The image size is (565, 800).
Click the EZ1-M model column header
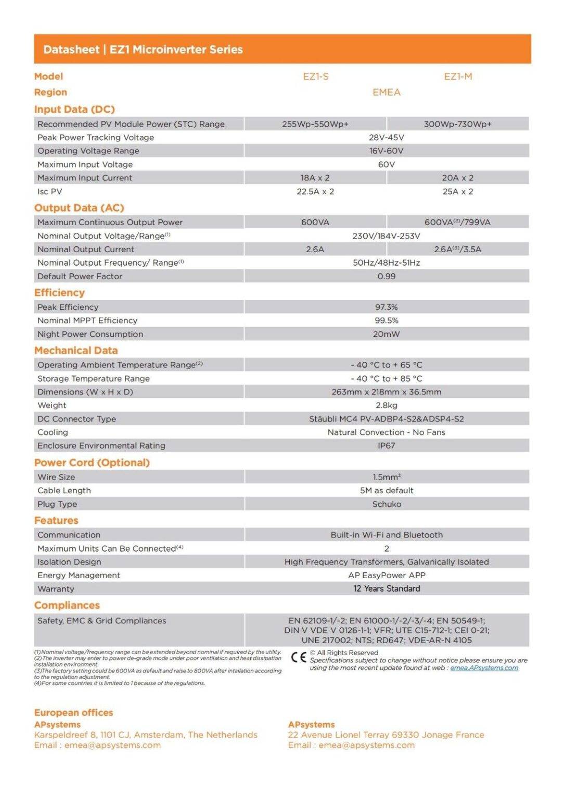click(458, 77)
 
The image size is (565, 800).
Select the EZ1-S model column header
click(316, 77)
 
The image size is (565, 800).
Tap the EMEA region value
click(387, 92)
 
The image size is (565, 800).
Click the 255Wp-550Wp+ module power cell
click(315, 124)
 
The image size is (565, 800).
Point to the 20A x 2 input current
click(458, 178)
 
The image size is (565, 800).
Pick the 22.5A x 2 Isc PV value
click(315, 192)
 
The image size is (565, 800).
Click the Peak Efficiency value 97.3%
click(387, 307)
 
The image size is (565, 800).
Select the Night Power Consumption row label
click(90, 334)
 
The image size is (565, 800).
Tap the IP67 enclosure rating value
click(387, 446)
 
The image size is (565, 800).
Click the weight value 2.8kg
click(387, 405)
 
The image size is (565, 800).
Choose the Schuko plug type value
click(387, 504)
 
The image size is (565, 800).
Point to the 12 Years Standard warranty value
click(387, 589)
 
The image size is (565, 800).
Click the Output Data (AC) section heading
click(79, 208)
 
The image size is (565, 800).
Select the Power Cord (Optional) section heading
click(92, 463)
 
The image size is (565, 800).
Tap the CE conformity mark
click(299, 657)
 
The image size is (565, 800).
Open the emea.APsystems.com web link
click(484, 668)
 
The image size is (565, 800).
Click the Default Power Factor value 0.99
click(387, 277)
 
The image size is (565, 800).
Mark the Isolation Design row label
click(69, 562)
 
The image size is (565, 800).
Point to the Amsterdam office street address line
click(146, 735)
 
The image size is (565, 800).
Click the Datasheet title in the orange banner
click(143, 49)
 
